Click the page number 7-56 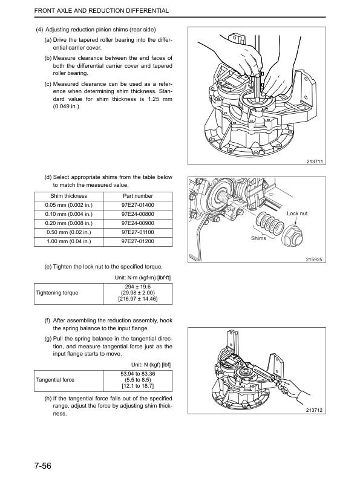pos(43,466)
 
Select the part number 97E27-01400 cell pos(138,205)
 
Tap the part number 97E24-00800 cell pos(138,215)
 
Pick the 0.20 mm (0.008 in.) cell pos(69,223)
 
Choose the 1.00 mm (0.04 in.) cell pos(69,242)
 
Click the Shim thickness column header pos(69,196)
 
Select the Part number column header pos(138,196)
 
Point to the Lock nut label pos(297,213)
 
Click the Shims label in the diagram pos(258,238)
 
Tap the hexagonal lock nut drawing pos(292,236)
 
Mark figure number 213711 pos(315,161)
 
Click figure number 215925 pos(314,260)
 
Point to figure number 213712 pos(314,410)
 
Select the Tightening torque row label pos(57,293)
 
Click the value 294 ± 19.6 pos(138,287)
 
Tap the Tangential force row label pos(55,380)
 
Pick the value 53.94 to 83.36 pos(138,374)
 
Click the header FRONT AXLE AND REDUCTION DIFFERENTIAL pos(102,11)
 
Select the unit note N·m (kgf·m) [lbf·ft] pos(143,278)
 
